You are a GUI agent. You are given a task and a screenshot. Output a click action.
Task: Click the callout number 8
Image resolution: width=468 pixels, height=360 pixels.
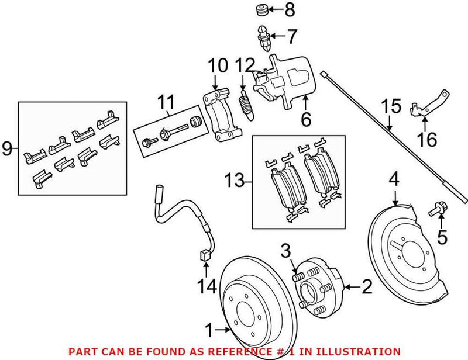290,10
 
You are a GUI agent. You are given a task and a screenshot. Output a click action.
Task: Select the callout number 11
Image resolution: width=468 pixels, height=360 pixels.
166,105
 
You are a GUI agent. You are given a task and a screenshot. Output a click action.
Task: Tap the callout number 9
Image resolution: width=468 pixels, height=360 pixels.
7,148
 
